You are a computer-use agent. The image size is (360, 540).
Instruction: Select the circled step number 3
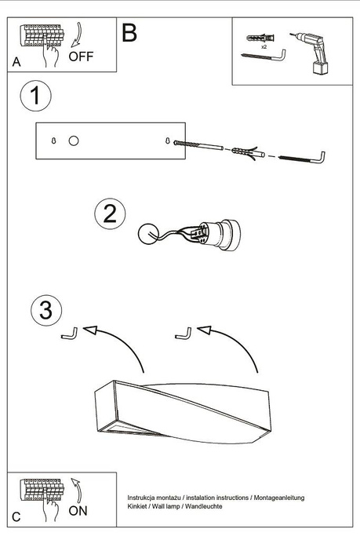point(47,310)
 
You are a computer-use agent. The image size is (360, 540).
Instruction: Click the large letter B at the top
point(129,33)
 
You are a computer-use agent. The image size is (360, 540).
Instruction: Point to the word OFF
point(81,57)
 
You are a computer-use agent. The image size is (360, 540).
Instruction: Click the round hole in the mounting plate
point(73,141)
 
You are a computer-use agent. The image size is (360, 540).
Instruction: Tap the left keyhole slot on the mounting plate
point(53,140)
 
